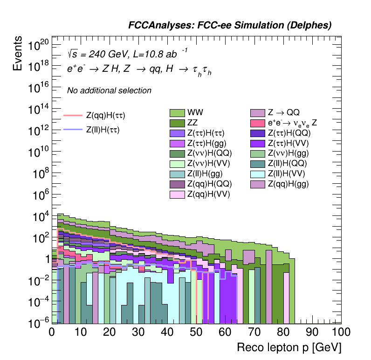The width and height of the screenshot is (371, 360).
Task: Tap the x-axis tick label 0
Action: [x=52, y=332]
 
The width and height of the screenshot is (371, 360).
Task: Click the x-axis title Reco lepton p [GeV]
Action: [x=289, y=348]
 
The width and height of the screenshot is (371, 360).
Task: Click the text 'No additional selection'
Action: [x=109, y=90]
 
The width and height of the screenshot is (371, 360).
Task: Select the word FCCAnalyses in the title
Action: [x=157, y=26]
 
